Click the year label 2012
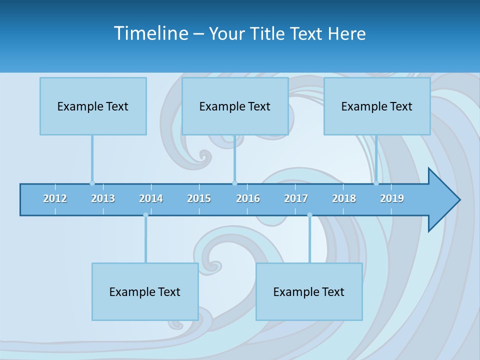[55, 198]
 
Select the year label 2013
[103, 198]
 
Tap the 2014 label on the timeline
[151, 198]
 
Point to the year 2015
[199, 198]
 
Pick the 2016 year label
[248, 198]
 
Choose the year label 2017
[296, 198]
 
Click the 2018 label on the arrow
[344, 198]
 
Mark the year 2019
[392, 198]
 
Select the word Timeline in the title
[150, 33]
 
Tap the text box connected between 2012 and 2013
[93, 106]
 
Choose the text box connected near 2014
[145, 291]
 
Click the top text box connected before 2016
[235, 106]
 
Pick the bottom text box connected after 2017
[309, 291]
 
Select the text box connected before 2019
[377, 106]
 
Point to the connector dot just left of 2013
[92, 183]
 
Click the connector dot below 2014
[145, 215]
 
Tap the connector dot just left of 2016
[234, 183]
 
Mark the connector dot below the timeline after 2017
[309, 215]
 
